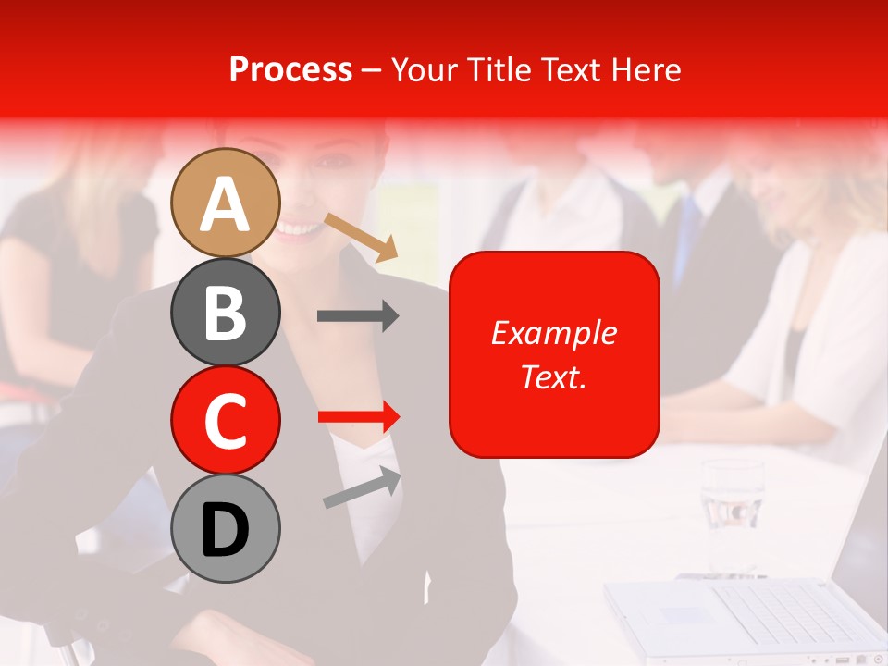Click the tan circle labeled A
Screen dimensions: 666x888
[x=226, y=203]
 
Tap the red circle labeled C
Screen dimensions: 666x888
[x=226, y=420]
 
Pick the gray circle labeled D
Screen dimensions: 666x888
[x=226, y=528]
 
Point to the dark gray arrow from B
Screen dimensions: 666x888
[x=357, y=316]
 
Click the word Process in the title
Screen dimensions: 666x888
[x=290, y=69]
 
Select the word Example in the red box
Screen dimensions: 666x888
[x=553, y=333]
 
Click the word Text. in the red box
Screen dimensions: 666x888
[x=553, y=376]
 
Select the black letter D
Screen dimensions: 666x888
[x=226, y=530]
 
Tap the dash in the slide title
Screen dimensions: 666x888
[x=371, y=70]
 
